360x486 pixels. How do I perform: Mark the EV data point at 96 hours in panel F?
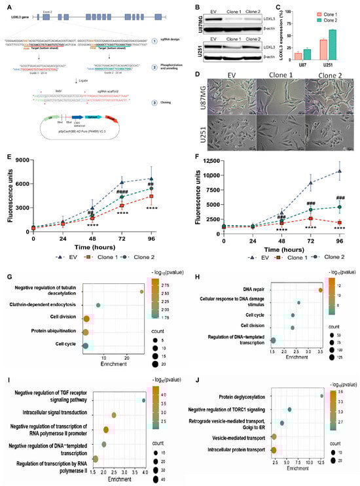[x=340, y=171]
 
